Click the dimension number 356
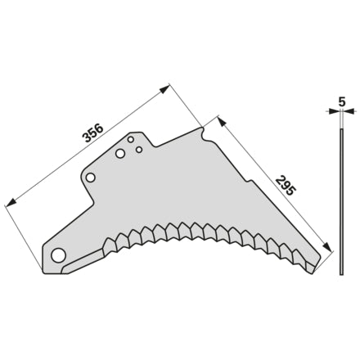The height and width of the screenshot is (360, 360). point(93,133)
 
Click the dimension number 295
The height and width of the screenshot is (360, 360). point(285,187)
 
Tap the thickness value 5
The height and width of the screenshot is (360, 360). point(342,101)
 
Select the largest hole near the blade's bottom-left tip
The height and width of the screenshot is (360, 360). point(58,255)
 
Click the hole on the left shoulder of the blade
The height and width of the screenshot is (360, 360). point(91,178)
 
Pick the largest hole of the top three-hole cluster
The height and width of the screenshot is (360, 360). point(120,154)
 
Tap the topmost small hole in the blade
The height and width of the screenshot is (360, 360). point(131,140)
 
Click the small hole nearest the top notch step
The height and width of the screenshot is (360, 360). point(139,150)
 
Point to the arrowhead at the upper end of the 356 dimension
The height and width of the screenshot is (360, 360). point(164,89)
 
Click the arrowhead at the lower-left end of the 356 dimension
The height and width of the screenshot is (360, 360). point(11,202)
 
